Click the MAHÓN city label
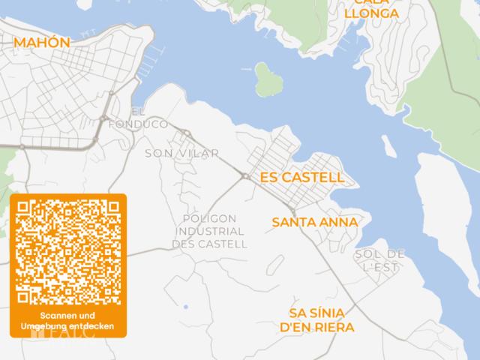point(42,43)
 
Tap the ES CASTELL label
point(301,178)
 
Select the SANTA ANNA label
point(315,223)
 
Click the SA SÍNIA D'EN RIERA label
point(316,320)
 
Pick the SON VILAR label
point(182,153)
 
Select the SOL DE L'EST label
point(380,260)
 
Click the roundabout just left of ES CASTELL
point(245,176)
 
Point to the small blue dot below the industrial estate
point(185,307)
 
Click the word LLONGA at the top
point(370,13)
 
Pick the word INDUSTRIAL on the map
point(209,231)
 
